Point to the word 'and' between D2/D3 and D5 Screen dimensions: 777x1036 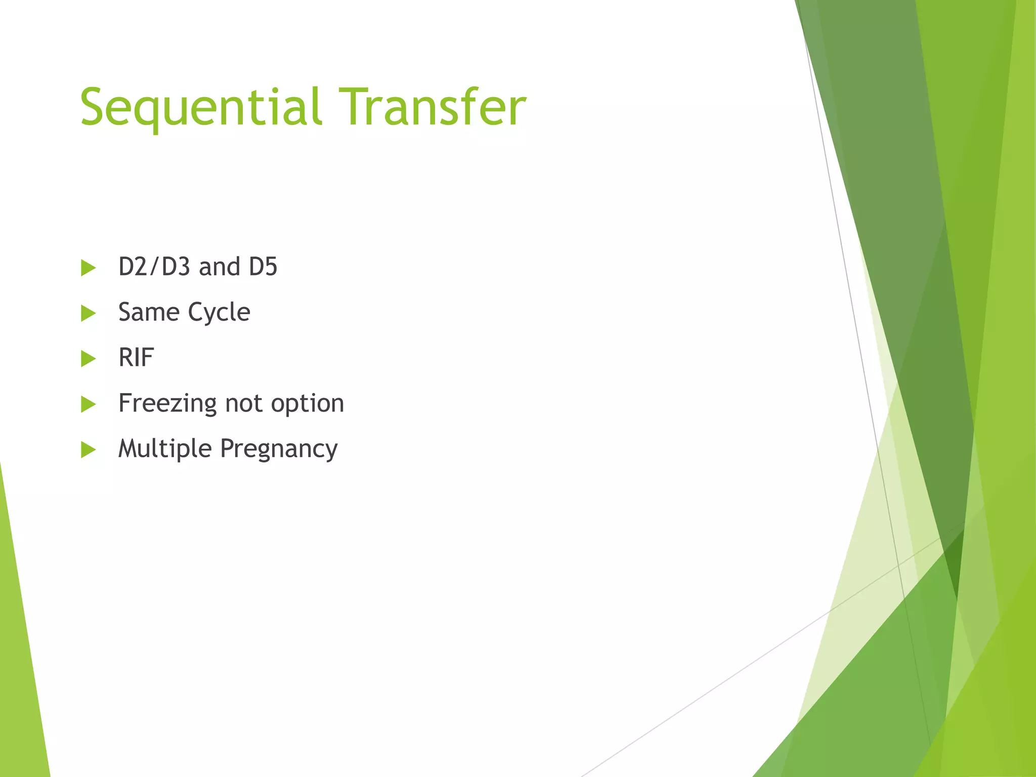coord(219,267)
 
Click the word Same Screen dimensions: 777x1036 coord(149,312)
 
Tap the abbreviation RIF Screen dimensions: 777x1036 coord(136,358)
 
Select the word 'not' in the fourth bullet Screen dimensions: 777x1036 coord(244,404)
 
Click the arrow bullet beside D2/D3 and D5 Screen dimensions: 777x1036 coord(88,268)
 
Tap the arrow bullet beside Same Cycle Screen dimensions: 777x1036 coord(88,313)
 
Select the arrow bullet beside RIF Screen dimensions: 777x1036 coord(88,359)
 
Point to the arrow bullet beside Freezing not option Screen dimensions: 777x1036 coord(88,404)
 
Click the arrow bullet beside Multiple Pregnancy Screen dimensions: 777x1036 coord(88,449)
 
